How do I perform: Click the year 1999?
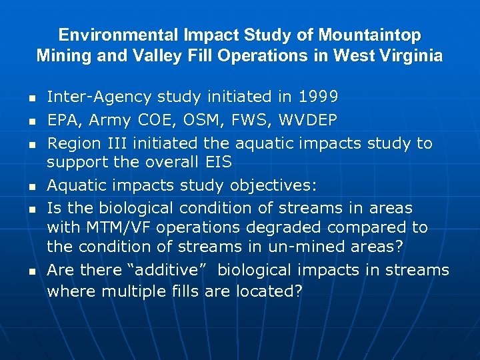pyautogui.click(x=318, y=97)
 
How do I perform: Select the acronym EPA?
pyautogui.click(x=63, y=121)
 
